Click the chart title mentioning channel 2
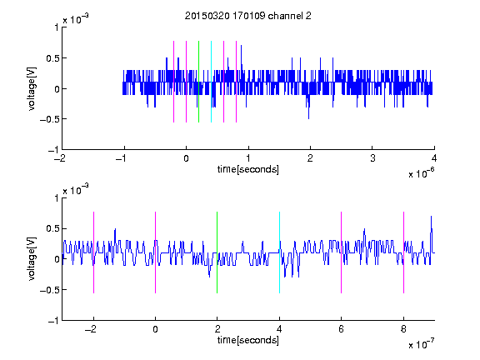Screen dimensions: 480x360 tap(248, 16)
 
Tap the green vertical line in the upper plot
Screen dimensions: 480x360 tap(198, 82)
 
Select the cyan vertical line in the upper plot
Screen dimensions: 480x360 tap(211, 82)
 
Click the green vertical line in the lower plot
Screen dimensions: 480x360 tap(217, 252)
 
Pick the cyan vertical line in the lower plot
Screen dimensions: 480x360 tap(279, 252)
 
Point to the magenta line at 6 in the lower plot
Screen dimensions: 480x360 tap(342, 252)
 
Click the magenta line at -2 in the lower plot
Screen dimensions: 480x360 tap(93, 252)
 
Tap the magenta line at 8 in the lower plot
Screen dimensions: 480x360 tap(404, 252)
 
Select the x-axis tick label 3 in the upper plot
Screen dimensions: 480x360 tap(372, 158)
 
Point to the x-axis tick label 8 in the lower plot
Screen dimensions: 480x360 tap(403, 329)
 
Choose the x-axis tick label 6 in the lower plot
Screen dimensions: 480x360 tap(342, 329)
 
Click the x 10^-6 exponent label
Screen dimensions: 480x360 tap(421, 173)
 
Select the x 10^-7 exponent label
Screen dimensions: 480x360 tap(421, 344)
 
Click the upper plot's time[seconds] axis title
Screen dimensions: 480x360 tap(248, 169)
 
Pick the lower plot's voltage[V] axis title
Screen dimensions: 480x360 tap(32, 258)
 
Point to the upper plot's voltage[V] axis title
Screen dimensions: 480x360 tap(32, 88)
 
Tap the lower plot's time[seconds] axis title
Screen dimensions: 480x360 tap(248, 340)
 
